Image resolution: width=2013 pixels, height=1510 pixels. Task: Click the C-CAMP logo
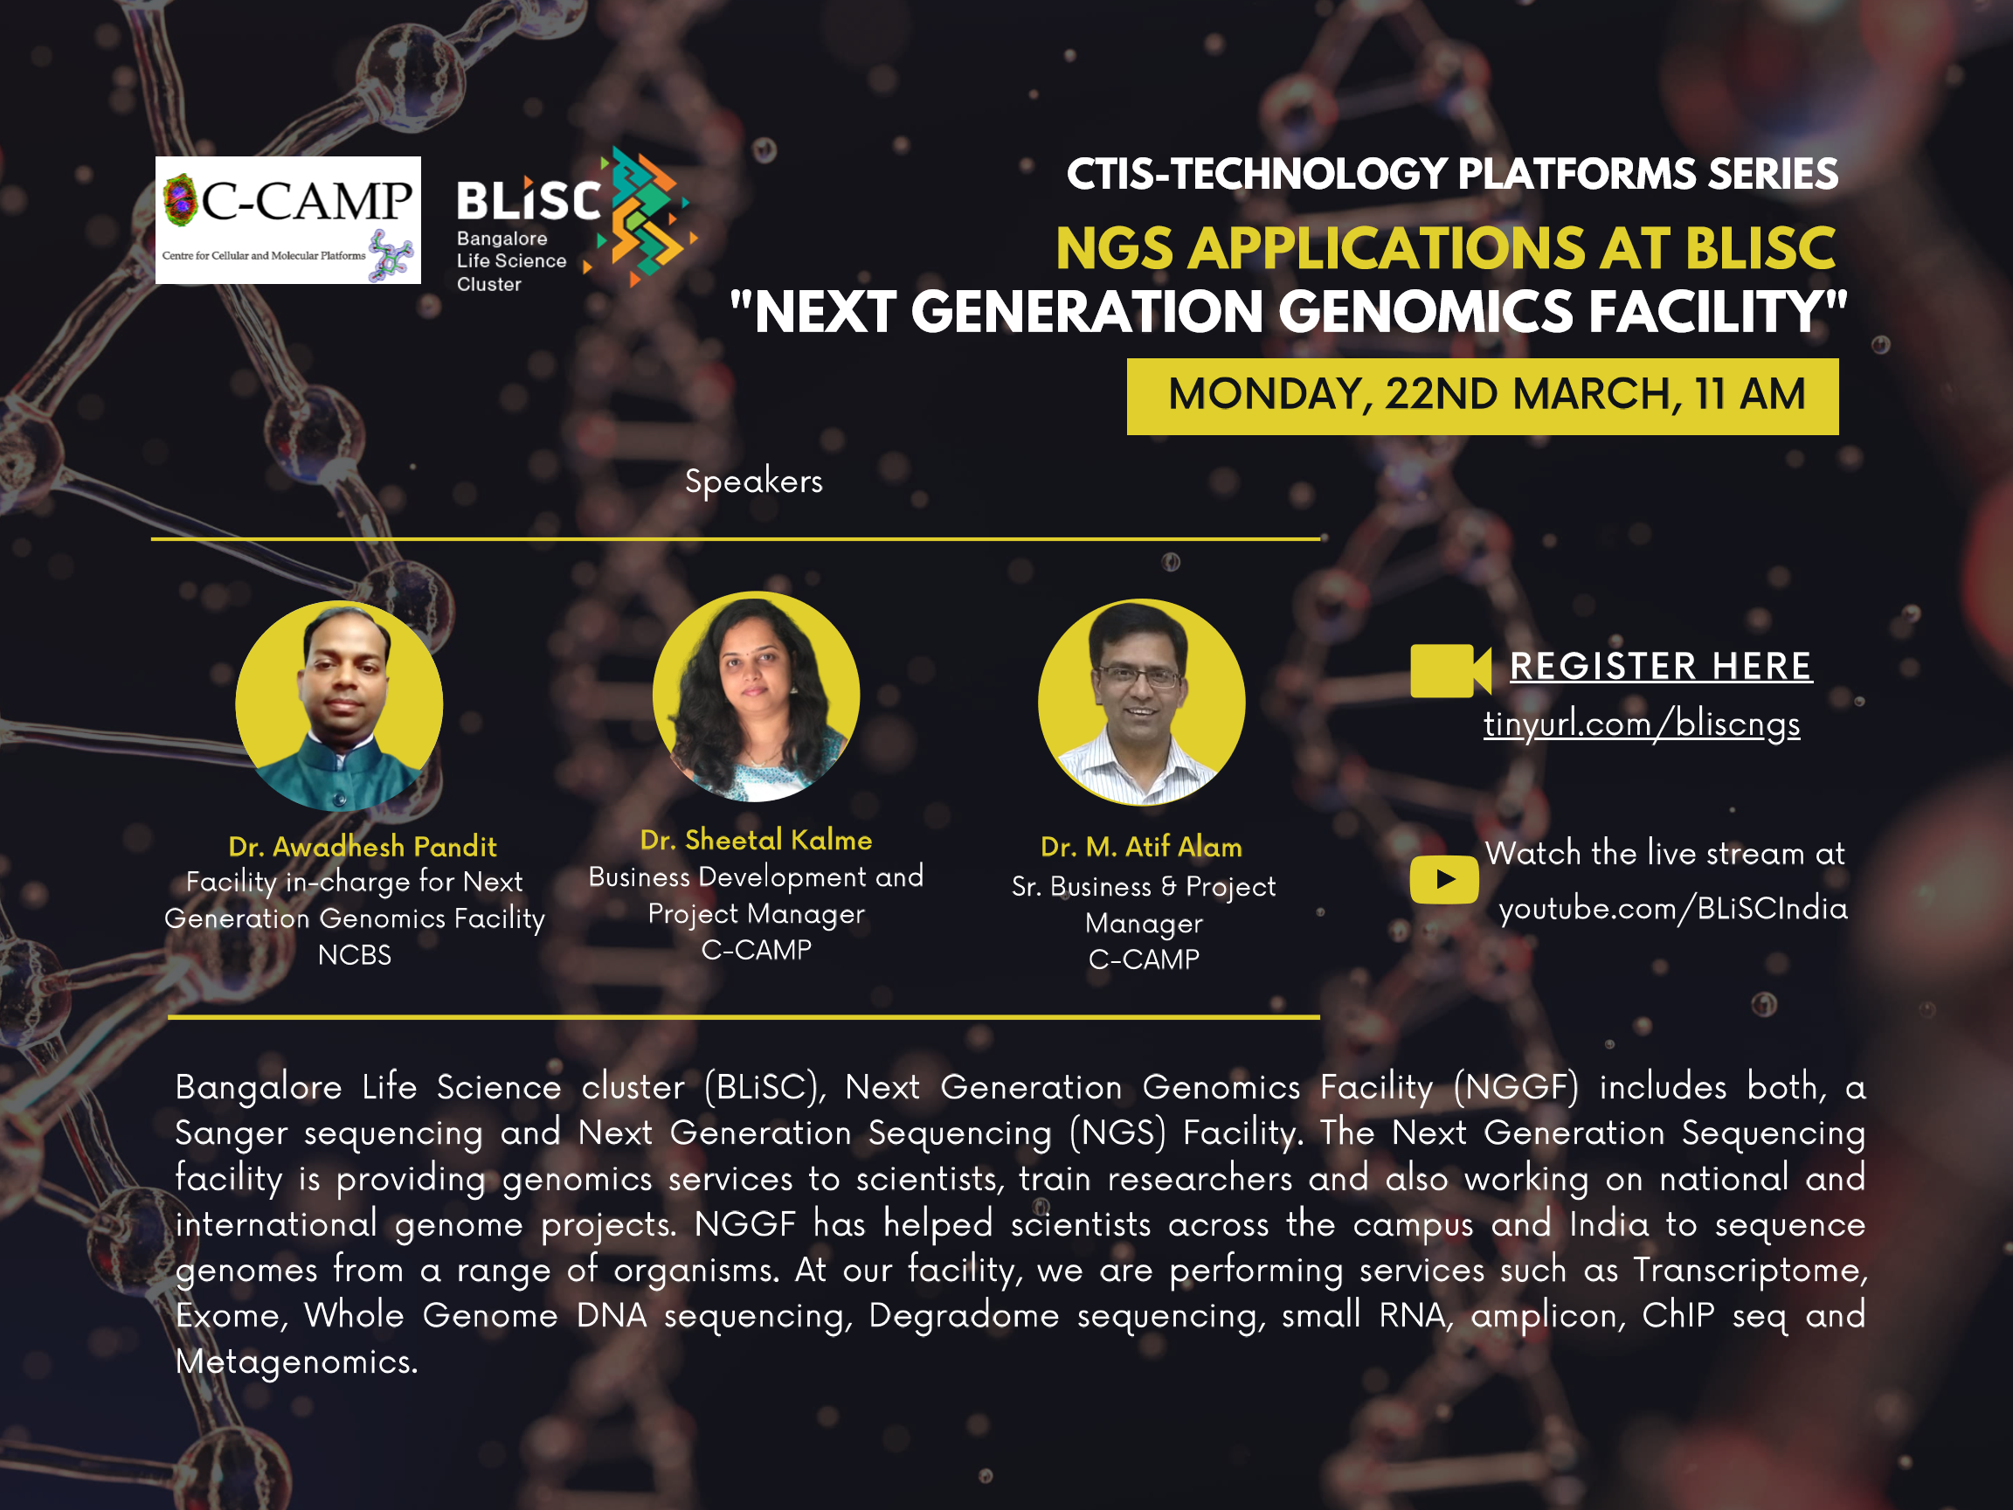pyautogui.click(x=287, y=219)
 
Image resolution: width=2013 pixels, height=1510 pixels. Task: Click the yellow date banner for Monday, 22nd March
pyautogui.click(x=1483, y=396)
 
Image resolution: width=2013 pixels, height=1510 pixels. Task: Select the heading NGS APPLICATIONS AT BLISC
pyautogui.click(x=1445, y=248)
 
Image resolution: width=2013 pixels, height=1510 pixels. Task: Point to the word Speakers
pyautogui.click(x=753, y=481)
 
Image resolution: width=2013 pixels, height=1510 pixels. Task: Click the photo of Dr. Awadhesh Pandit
pyautogui.click(x=340, y=705)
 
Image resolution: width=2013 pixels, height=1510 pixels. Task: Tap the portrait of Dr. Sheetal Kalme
pyautogui.click(x=757, y=696)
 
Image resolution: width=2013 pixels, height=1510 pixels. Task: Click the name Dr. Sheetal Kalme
pyautogui.click(x=757, y=840)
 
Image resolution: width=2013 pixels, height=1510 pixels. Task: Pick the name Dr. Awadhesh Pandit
pyautogui.click(x=363, y=847)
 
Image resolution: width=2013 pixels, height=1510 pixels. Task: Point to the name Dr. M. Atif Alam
pyautogui.click(x=1141, y=848)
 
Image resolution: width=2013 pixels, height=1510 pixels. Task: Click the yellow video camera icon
pyautogui.click(x=1450, y=671)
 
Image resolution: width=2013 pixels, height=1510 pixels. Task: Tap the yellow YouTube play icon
pyautogui.click(x=1444, y=879)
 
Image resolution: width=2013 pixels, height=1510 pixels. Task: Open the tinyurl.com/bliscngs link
pyautogui.click(x=1642, y=724)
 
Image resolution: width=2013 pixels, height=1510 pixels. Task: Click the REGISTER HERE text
pyautogui.click(x=1661, y=666)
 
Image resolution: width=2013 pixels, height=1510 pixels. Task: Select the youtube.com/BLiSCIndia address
pyautogui.click(x=1672, y=909)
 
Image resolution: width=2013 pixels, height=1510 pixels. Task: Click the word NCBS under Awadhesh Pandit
pyautogui.click(x=354, y=955)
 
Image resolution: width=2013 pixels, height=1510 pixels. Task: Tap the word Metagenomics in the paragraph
pyautogui.click(x=297, y=1361)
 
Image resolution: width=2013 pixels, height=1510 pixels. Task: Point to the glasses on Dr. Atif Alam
pyautogui.click(x=1139, y=677)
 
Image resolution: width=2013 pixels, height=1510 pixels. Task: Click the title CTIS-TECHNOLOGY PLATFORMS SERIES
pyautogui.click(x=1452, y=174)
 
